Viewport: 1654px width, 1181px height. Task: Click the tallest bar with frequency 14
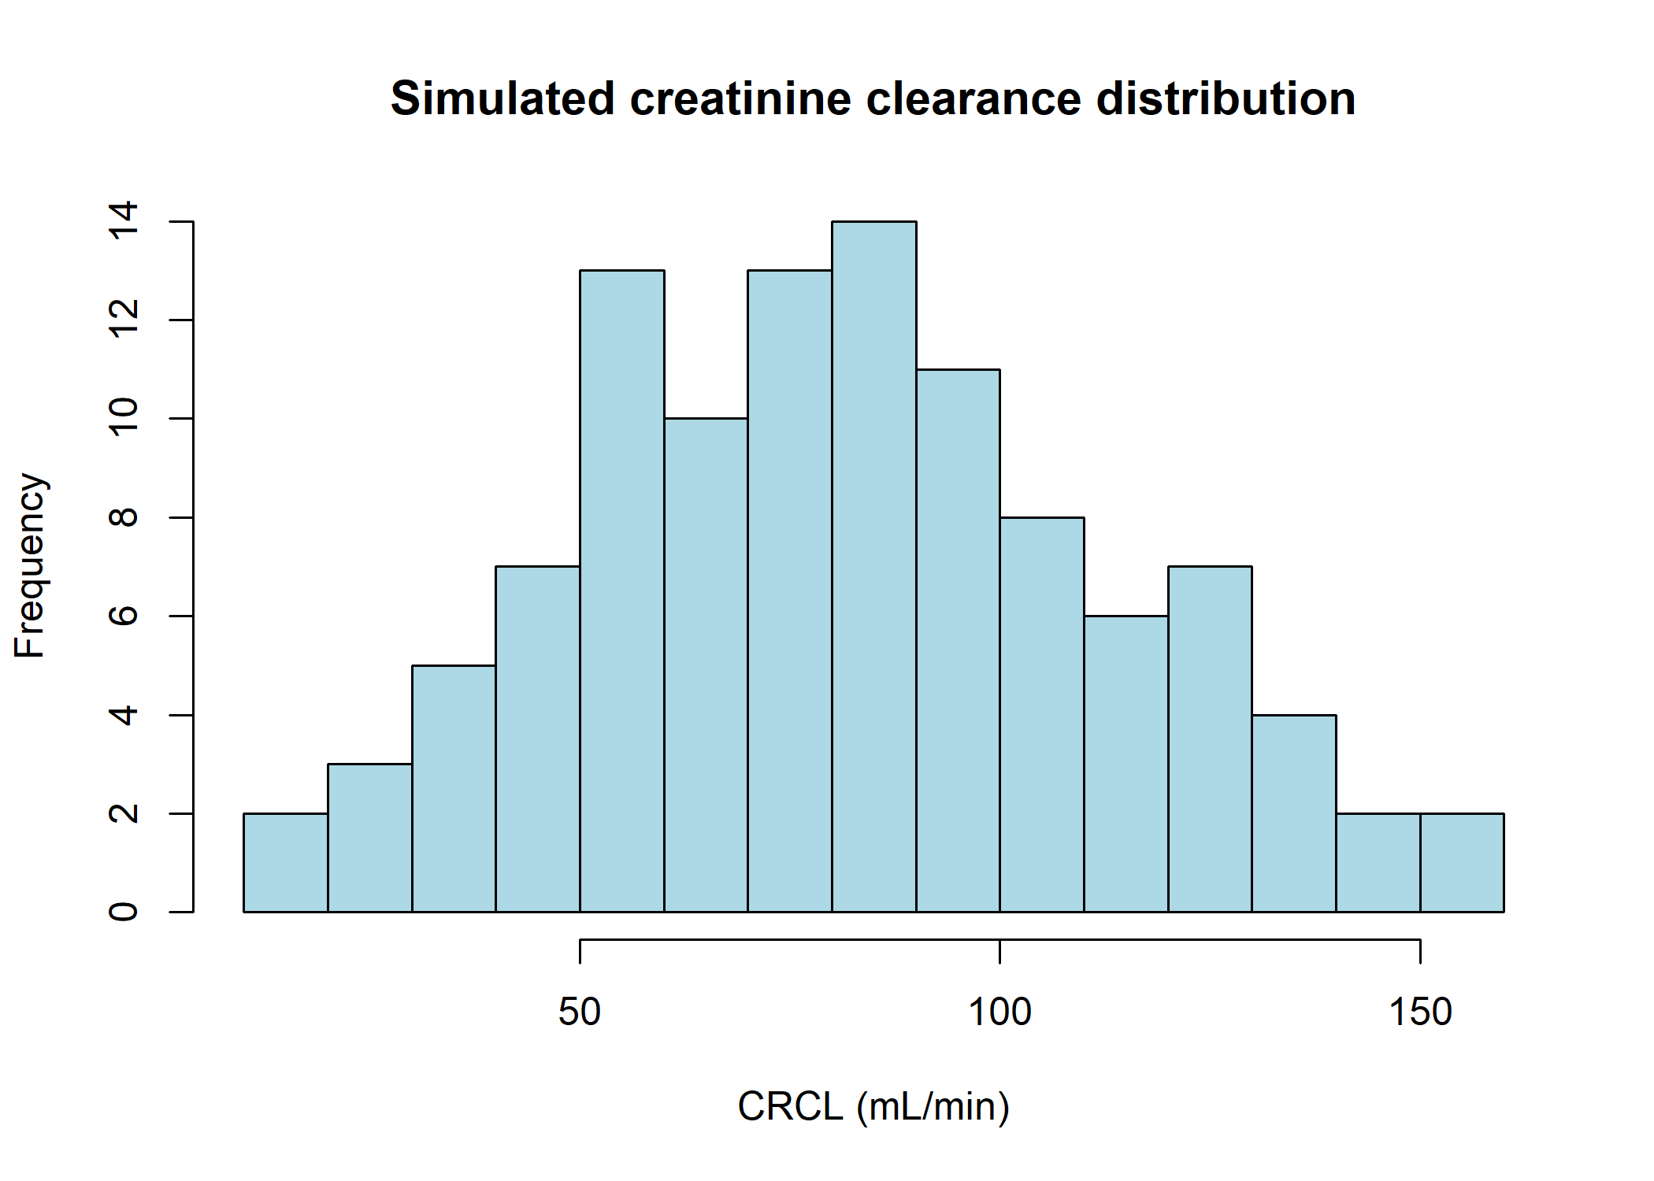873,567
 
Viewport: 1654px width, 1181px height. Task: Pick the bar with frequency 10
706,665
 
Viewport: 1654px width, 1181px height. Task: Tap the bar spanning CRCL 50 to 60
621,590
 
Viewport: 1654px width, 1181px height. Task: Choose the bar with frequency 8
1042,714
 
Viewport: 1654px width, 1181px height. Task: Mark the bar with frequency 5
454,788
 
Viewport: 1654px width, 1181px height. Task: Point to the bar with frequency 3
369,838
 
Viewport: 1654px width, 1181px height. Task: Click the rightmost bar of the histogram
1462,862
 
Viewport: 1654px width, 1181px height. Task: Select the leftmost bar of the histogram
286,862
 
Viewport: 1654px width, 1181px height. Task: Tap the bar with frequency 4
1294,813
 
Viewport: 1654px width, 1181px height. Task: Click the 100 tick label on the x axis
999,1013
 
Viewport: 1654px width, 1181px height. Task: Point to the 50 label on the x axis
580,1013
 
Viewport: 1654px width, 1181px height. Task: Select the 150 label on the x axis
1420,1013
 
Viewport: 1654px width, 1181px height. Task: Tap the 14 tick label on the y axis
124,221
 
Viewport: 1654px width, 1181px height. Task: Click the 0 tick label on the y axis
124,912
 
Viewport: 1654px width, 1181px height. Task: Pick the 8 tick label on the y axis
124,517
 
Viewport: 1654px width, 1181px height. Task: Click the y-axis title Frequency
32,565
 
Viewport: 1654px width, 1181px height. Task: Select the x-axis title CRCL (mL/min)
873,1106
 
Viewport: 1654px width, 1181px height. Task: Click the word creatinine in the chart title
740,99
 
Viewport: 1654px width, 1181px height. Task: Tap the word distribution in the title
1226,99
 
